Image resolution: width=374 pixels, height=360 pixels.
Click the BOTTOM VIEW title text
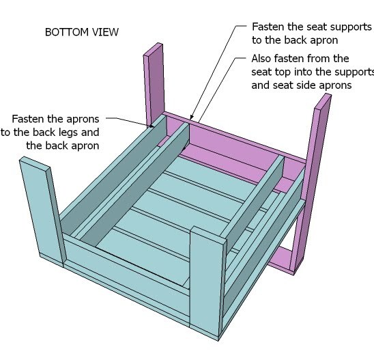(82, 32)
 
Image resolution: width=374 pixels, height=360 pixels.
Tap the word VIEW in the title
(105, 32)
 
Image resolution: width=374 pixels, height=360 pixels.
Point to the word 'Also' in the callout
(261, 59)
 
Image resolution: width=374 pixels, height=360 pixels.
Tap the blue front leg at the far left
(43, 211)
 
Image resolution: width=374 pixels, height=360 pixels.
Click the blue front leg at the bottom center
(207, 281)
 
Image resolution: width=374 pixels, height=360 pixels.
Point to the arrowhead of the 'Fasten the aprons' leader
(151, 126)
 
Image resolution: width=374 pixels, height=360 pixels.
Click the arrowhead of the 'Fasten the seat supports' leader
(191, 117)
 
